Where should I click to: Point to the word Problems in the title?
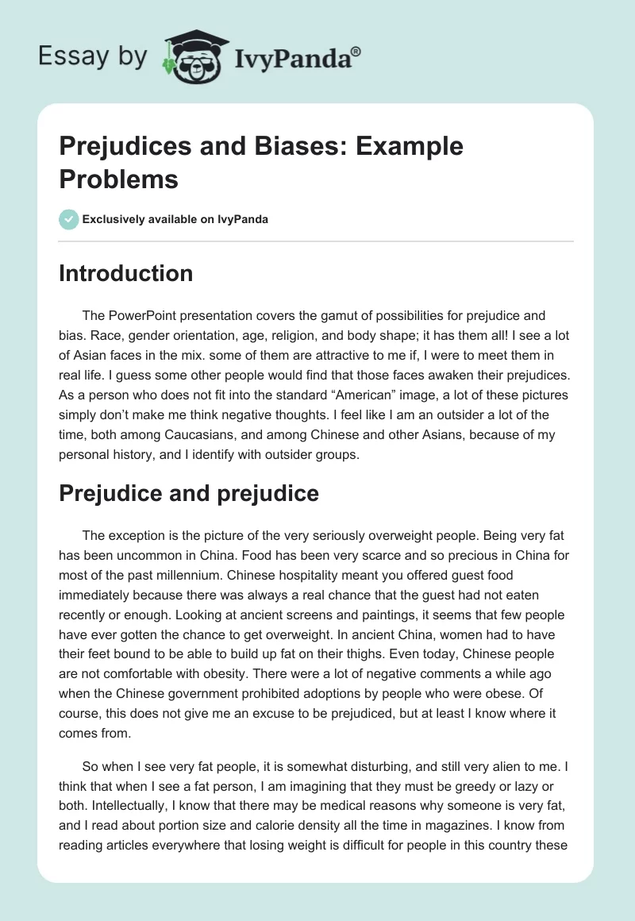(x=118, y=179)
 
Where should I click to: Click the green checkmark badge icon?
(x=69, y=219)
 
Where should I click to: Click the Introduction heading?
(x=126, y=273)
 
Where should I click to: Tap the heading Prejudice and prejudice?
(x=189, y=493)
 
